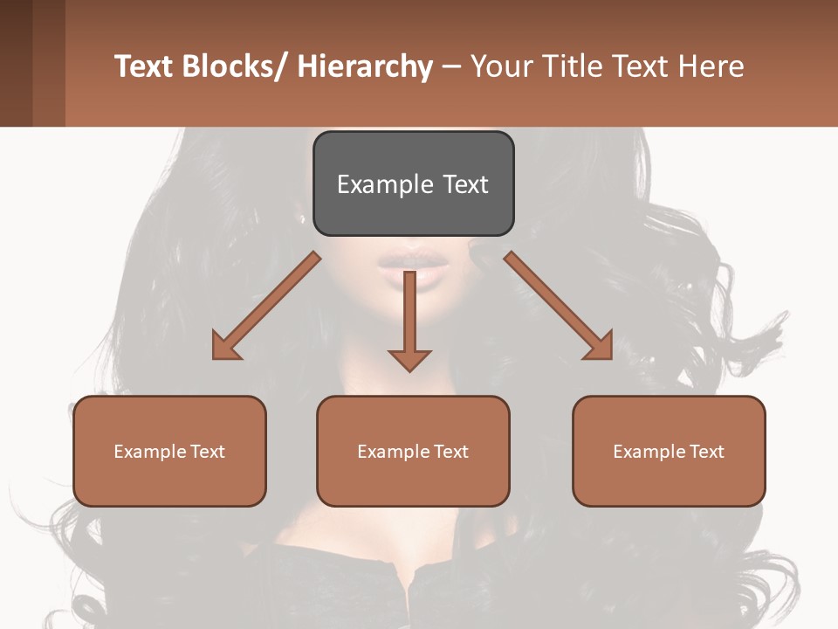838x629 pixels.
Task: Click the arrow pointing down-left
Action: tap(266, 306)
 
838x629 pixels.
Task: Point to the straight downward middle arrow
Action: tap(409, 319)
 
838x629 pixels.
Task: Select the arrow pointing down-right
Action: tap(559, 306)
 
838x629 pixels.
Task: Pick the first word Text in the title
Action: tap(144, 66)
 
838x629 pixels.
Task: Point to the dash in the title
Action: tap(451, 66)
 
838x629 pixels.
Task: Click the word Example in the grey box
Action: tap(385, 184)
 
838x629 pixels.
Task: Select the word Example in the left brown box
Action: tap(149, 452)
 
